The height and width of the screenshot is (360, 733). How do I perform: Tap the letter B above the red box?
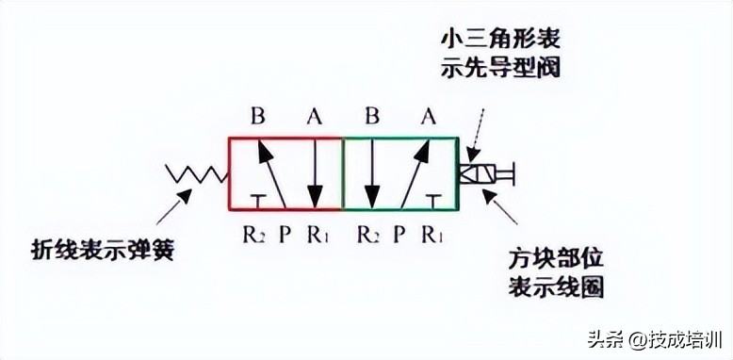(x=258, y=117)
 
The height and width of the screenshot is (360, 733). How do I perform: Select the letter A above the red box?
(x=315, y=117)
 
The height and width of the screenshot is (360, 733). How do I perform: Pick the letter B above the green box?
(x=371, y=117)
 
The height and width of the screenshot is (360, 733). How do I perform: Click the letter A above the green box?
(x=429, y=117)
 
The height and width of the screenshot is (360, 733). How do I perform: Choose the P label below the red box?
(x=285, y=233)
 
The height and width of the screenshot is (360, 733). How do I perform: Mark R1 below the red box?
(x=317, y=233)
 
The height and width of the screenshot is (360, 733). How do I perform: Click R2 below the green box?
(x=368, y=233)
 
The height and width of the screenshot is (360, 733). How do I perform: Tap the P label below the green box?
(x=399, y=233)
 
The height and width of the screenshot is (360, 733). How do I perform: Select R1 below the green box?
(x=432, y=233)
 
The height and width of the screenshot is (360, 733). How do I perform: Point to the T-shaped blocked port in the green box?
(x=432, y=200)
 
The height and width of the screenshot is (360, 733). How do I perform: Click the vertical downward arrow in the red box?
(x=315, y=173)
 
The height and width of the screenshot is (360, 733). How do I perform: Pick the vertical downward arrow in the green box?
(x=371, y=173)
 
